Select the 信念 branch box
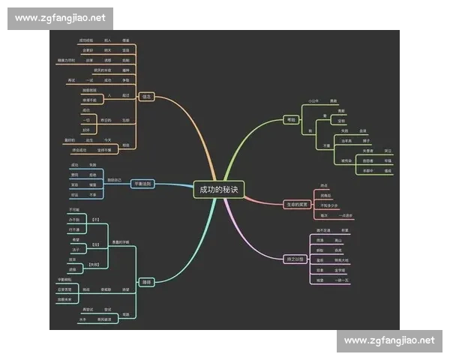click(x=146, y=97)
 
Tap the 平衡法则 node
click(x=142, y=184)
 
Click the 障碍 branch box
click(x=147, y=281)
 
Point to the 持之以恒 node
click(x=296, y=259)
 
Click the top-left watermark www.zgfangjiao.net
click(x=60, y=17)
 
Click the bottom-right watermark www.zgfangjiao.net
click(x=389, y=340)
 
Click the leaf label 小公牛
click(x=313, y=100)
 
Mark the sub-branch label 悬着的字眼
click(x=121, y=241)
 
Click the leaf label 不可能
click(x=74, y=209)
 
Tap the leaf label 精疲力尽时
click(x=66, y=59)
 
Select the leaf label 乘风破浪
click(x=105, y=320)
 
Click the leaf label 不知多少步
click(x=328, y=205)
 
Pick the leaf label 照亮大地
click(x=342, y=259)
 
